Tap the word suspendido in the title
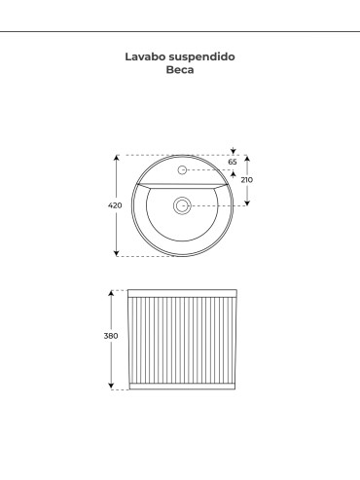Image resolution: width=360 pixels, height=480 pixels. [202, 57]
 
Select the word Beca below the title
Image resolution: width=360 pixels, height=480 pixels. [180, 69]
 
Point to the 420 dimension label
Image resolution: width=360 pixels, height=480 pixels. [115, 205]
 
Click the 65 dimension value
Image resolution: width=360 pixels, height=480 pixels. [233, 162]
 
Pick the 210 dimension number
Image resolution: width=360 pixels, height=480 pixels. [247, 180]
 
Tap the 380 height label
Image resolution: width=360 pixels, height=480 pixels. [111, 336]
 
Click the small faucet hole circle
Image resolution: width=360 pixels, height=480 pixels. [182, 169]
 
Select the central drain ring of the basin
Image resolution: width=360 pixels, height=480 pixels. [182, 205]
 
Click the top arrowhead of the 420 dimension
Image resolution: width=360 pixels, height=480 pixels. [117, 158]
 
